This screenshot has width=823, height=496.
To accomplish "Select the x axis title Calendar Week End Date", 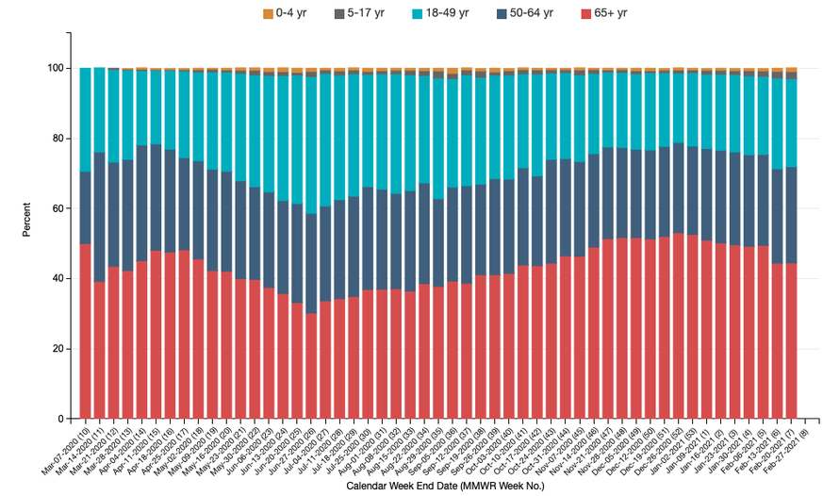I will click(x=437, y=487).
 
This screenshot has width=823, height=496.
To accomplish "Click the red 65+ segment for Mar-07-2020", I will click(x=85, y=331).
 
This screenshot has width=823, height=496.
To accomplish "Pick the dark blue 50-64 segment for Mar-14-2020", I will click(x=99, y=217).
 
